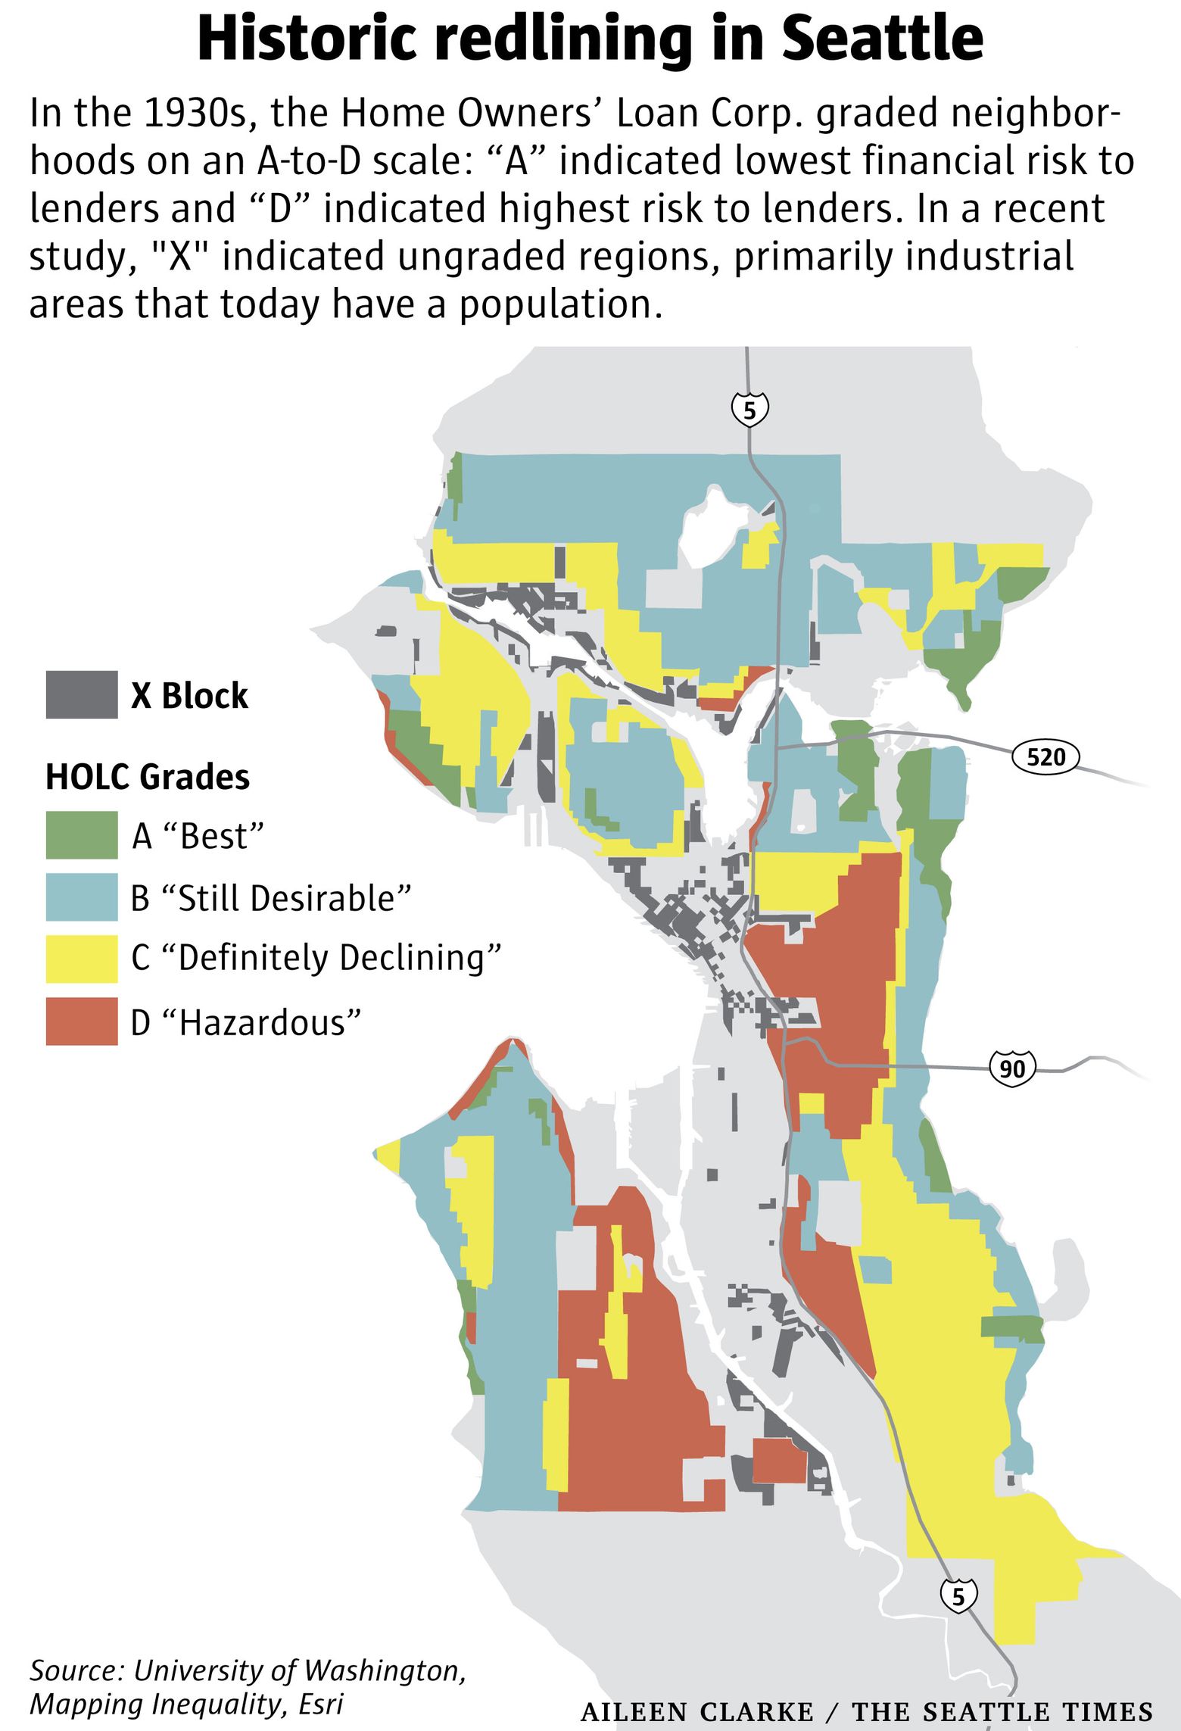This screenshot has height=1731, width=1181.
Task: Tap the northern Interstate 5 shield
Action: point(749,410)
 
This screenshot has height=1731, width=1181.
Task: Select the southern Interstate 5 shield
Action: point(958,1596)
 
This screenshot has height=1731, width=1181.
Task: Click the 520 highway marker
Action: point(1045,756)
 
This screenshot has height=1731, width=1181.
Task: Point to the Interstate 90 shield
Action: point(1012,1068)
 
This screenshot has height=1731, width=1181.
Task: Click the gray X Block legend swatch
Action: point(81,694)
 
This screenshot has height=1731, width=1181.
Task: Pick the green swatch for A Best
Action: point(81,835)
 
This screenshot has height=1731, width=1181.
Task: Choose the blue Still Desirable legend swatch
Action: point(81,897)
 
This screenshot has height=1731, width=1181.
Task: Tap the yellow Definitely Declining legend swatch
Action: point(81,959)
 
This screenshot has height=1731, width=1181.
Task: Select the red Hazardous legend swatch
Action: point(81,1021)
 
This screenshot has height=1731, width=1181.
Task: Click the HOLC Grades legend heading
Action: point(148,777)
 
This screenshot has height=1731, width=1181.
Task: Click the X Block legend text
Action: point(189,696)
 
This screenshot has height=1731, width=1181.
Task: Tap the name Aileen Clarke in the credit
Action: point(696,1711)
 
